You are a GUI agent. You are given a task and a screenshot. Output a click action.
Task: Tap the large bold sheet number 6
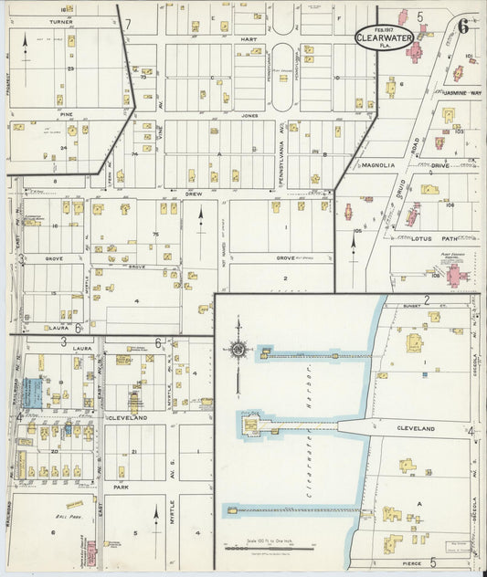(463, 25)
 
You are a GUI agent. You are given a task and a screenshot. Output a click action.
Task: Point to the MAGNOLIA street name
(378, 165)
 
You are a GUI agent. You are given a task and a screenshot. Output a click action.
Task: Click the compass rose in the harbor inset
(238, 350)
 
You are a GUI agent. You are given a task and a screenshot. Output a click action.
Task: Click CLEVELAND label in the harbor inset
(416, 427)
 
